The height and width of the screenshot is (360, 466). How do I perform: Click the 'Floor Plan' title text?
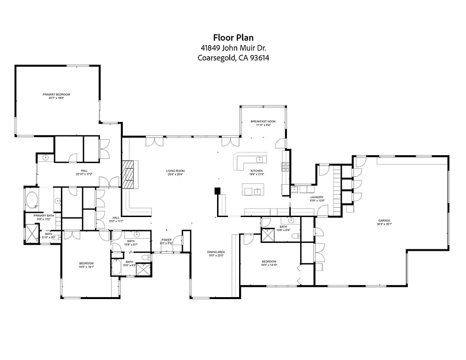[x=233, y=37]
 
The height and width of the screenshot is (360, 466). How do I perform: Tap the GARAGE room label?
[x=384, y=220]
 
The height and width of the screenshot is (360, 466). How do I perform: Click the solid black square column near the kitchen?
[x=218, y=191]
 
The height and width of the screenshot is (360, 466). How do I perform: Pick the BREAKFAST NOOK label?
[x=263, y=121]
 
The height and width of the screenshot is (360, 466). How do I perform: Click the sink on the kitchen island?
[x=257, y=191]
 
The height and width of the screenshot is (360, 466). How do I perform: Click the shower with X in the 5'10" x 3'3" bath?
[x=31, y=233]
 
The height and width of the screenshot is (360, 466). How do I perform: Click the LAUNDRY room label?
[x=317, y=197]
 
